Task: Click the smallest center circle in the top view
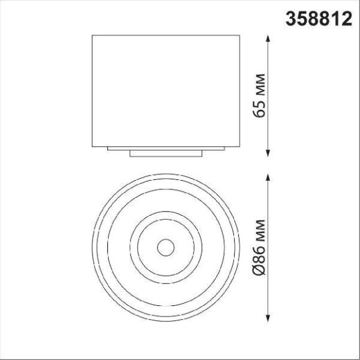pyautogui.click(x=166, y=248)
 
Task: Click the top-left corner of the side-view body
pyautogui.click(x=92, y=36)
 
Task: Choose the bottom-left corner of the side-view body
pyautogui.click(x=92, y=145)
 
